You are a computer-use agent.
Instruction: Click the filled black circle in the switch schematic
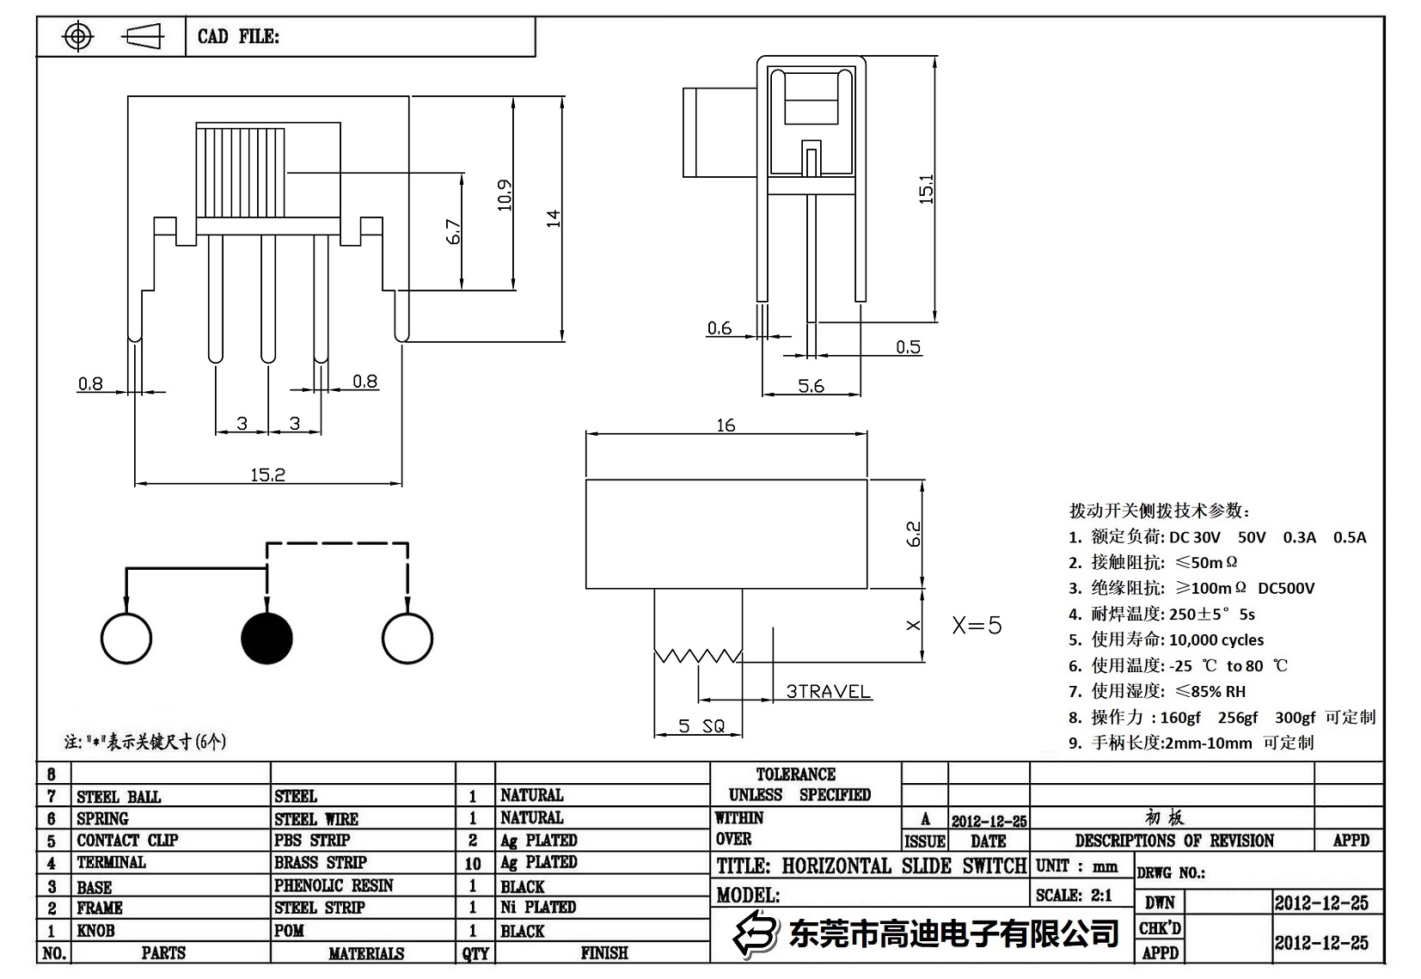click(x=267, y=639)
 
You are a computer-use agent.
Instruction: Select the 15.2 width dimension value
click(x=267, y=474)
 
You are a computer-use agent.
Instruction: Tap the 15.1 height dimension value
click(x=926, y=189)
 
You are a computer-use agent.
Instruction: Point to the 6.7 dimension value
click(x=454, y=233)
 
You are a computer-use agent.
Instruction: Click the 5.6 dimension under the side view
click(x=811, y=386)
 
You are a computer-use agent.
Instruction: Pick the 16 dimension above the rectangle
click(x=726, y=425)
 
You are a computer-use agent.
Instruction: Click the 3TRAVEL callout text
click(x=828, y=691)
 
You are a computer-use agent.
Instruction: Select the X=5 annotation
click(x=977, y=625)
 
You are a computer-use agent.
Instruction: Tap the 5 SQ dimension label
click(x=701, y=726)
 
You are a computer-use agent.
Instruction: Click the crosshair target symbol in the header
click(x=78, y=36)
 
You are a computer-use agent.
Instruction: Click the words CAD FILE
click(x=238, y=36)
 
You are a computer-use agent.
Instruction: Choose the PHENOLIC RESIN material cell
click(x=334, y=885)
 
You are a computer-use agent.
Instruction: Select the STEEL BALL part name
click(x=119, y=797)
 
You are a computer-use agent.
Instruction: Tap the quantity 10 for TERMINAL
click(x=473, y=863)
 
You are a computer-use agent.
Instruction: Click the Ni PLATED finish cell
click(x=538, y=907)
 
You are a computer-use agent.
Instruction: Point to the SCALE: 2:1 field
click(x=1074, y=895)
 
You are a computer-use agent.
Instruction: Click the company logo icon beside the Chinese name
click(x=754, y=933)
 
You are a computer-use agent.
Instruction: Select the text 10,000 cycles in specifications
click(x=1216, y=639)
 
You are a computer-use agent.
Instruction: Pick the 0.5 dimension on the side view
click(x=908, y=347)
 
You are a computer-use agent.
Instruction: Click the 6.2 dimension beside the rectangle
click(x=914, y=534)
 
